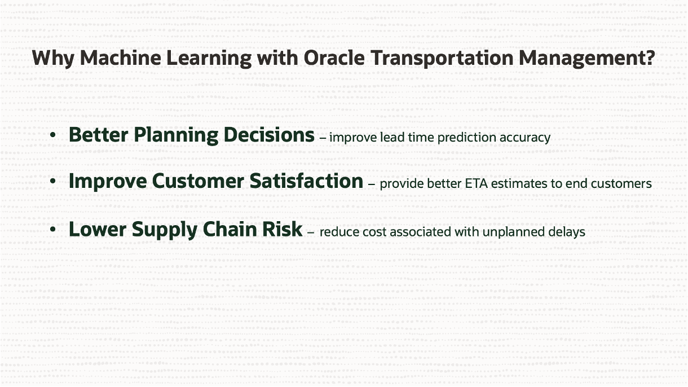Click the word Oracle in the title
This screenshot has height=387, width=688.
click(x=334, y=58)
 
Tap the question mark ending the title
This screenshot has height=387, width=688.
click(x=651, y=58)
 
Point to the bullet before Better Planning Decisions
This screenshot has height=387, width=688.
click(x=53, y=135)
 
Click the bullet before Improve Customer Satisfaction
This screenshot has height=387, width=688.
click(x=53, y=181)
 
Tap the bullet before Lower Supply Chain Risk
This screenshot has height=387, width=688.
click(x=53, y=230)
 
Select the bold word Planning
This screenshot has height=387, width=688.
click(x=176, y=135)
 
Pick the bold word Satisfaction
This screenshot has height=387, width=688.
click(x=307, y=181)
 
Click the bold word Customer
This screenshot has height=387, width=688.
click(x=198, y=181)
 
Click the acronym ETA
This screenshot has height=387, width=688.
click(x=476, y=184)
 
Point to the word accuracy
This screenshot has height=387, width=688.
click(x=525, y=138)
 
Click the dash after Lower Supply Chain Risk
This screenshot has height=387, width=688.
click(x=311, y=233)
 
